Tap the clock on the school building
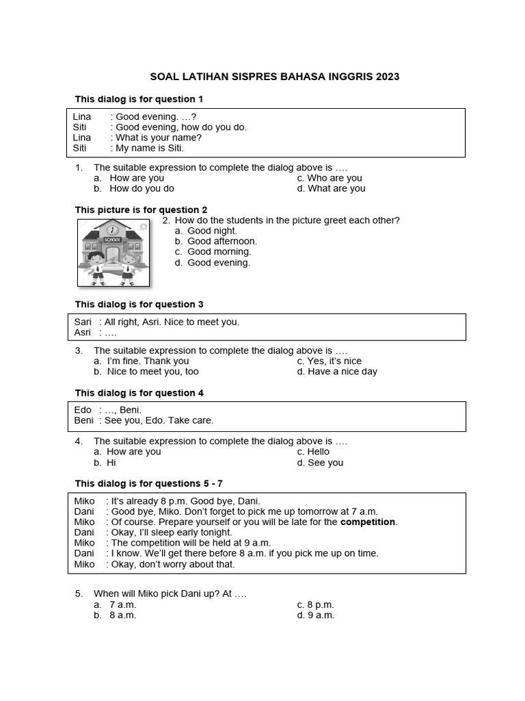[111, 230]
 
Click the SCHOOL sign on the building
[111, 240]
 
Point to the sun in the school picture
[142, 227]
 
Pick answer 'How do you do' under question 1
[142, 188]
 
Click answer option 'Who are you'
[334, 178]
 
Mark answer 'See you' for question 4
[325, 463]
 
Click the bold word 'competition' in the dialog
[368, 522]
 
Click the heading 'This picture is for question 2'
[141, 209]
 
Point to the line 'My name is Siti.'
[150, 148]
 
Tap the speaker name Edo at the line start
[83, 410]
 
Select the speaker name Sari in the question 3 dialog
[83, 322]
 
